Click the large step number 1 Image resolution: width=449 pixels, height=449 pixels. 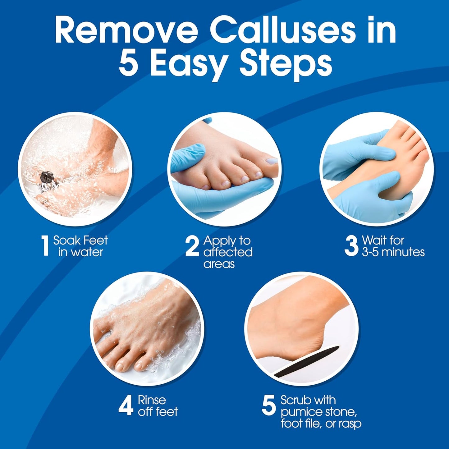[45, 246]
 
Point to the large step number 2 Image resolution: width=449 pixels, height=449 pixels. [192, 246]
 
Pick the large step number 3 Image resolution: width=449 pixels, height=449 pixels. [351, 246]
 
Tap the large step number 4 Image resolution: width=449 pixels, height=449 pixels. [126, 406]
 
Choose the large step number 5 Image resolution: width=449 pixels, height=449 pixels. [269, 405]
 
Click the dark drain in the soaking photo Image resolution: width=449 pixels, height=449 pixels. [47, 178]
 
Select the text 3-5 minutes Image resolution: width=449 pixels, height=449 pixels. [393, 252]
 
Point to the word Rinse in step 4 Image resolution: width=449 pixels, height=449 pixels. [152, 400]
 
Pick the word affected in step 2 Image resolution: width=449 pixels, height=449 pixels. [228, 252]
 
